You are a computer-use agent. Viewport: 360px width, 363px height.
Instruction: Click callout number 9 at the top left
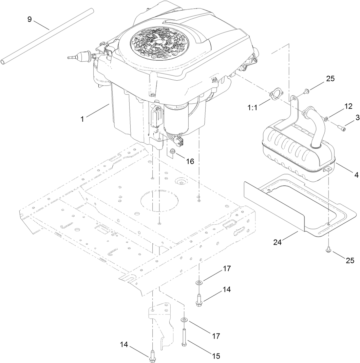[30, 19]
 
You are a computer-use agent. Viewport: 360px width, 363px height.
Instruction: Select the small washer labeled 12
[326, 118]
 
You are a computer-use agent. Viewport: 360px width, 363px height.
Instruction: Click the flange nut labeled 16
[173, 151]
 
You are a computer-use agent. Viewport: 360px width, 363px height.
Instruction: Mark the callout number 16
[190, 161]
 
